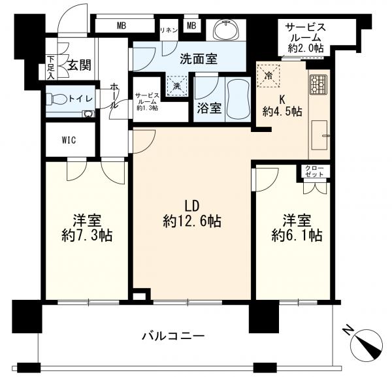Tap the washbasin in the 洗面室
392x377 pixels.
pos(227,30)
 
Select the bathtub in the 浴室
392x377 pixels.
pos(238,100)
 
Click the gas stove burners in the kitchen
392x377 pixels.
pos(319,84)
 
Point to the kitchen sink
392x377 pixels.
pos(319,135)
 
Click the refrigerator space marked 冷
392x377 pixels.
pos(269,76)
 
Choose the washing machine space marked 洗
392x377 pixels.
pos(177,86)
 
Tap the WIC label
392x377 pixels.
pos(69,140)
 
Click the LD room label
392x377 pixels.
pos(192,206)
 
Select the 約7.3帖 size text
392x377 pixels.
pos(87,236)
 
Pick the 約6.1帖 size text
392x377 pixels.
pos(297,235)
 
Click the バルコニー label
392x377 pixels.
pos(174,336)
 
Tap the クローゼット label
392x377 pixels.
pos(314,171)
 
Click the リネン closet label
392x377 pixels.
pos(169,30)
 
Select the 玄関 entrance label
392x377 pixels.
pos(80,65)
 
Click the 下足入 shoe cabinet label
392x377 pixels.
pos(51,68)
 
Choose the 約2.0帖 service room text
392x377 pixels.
pos(306,48)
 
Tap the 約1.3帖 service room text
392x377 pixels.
pos(147,108)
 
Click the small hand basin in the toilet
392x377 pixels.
pos(88,114)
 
